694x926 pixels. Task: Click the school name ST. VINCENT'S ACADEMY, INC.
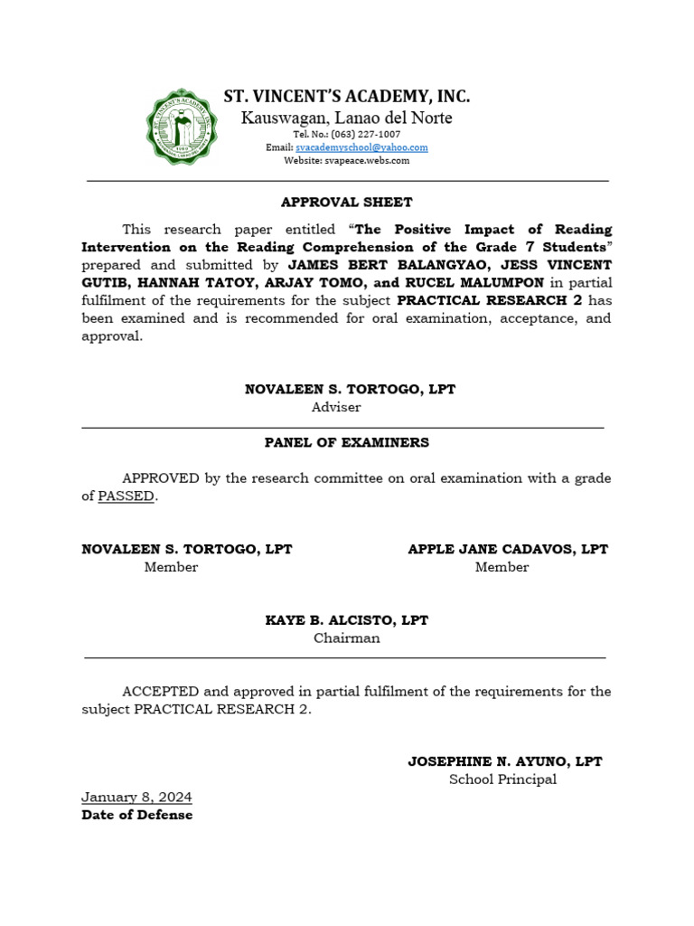(x=347, y=97)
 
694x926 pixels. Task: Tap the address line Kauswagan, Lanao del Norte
(x=346, y=118)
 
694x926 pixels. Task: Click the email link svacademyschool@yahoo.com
(x=361, y=147)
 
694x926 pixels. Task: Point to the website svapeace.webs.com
(x=347, y=160)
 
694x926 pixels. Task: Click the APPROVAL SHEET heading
(x=346, y=203)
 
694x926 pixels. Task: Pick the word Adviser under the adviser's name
(x=336, y=407)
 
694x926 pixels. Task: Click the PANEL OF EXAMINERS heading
(x=346, y=442)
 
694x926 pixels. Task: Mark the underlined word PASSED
(x=126, y=496)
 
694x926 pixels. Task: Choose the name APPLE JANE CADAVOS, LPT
(x=508, y=549)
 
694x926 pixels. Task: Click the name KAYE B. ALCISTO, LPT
(x=346, y=620)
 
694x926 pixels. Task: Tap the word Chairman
(x=346, y=638)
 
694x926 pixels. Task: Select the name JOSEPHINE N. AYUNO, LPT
(x=504, y=761)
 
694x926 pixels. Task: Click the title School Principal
(x=502, y=780)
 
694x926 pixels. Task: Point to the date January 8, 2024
(x=136, y=798)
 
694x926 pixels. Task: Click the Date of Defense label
(x=136, y=815)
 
